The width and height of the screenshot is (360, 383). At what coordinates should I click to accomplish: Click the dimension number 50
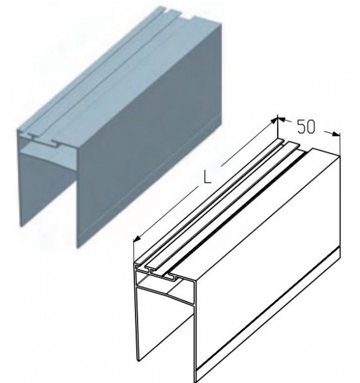(x=306, y=126)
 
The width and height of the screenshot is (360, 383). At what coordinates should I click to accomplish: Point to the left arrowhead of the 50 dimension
(x=282, y=119)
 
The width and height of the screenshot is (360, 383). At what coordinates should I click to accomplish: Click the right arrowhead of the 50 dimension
(x=336, y=134)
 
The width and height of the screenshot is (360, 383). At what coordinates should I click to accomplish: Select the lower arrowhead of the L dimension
(x=137, y=238)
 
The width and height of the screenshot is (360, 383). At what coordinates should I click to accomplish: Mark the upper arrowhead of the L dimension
(x=274, y=121)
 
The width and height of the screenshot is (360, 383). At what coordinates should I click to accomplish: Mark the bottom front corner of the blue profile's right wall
(x=77, y=247)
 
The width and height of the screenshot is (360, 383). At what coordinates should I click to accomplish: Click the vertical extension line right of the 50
(x=340, y=143)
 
